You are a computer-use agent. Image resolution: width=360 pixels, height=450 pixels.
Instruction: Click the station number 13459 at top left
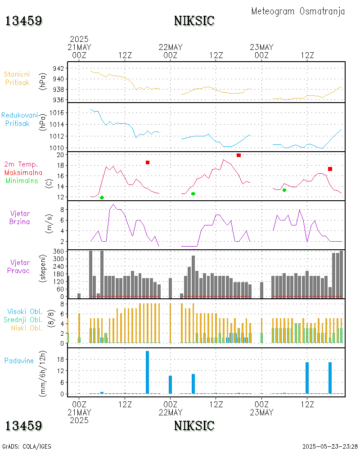24,21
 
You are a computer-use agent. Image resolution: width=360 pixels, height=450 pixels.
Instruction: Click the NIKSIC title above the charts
194,21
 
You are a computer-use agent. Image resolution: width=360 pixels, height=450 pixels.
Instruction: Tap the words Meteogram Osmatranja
298,11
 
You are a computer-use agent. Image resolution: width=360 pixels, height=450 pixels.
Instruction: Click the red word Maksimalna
23,172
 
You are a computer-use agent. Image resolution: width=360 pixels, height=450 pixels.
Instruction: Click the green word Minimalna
22,180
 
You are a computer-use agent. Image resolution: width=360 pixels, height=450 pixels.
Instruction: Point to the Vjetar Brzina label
20,217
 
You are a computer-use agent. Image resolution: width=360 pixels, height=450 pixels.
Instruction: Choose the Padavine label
19,360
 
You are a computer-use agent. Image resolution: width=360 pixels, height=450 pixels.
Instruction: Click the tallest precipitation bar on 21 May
148,372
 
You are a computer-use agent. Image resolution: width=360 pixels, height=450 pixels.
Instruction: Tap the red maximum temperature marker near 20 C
238,155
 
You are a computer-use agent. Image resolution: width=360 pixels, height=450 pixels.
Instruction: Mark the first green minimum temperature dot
102,198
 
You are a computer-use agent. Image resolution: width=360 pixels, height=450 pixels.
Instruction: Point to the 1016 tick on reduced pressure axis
56,112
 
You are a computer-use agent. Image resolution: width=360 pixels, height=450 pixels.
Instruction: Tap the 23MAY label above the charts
261,47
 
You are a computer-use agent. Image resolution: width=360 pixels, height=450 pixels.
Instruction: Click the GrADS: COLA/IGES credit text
27,446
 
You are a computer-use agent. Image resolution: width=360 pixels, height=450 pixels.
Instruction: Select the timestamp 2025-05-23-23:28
330,446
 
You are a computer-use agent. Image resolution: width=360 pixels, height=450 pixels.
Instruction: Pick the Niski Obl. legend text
26,328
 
